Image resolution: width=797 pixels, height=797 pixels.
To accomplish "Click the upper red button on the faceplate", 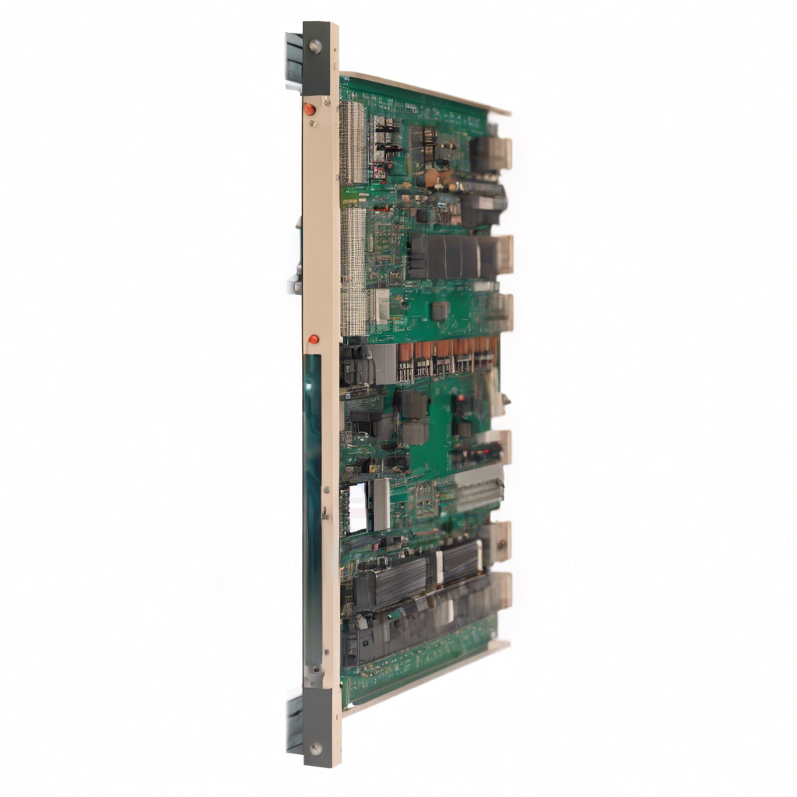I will pos(310,109).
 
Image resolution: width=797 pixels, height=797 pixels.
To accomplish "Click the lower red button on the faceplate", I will pos(313,339).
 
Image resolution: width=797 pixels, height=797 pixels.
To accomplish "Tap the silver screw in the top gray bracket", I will pos(315,47).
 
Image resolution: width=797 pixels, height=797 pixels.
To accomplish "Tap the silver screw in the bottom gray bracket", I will pos(315,748).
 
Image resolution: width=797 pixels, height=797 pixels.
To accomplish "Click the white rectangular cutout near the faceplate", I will pos(356,507).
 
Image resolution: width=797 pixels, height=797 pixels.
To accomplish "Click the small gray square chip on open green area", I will pos(440,311).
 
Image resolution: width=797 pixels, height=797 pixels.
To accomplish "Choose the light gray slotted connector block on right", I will pos(479,488).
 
